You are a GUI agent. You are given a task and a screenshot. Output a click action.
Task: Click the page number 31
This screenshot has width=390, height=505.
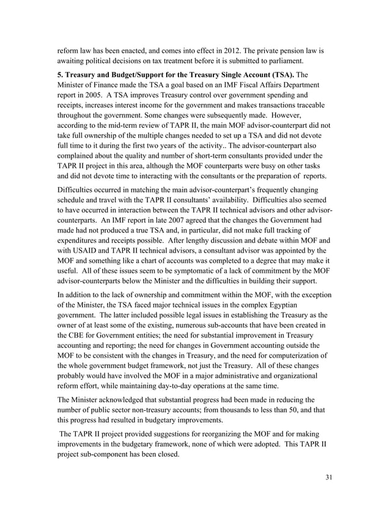pyautogui.click(x=328, y=477)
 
